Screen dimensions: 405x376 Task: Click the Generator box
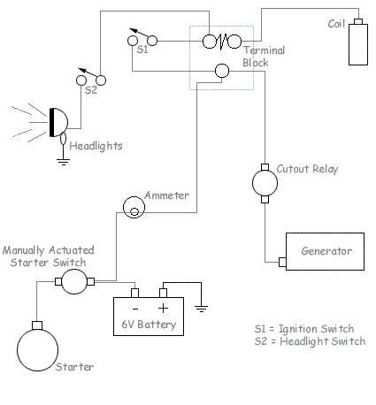(x=324, y=250)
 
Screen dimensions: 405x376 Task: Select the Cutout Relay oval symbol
(x=265, y=183)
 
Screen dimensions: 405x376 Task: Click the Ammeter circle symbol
(x=134, y=207)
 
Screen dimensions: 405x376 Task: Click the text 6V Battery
(x=149, y=325)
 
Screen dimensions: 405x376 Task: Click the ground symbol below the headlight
(x=64, y=161)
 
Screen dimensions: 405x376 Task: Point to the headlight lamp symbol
(x=58, y=122)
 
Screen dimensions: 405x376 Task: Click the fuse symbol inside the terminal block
(x=224, y=41)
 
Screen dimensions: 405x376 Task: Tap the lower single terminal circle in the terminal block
(x=224, y=71)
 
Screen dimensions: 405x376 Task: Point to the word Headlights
(x=95, y=145)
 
